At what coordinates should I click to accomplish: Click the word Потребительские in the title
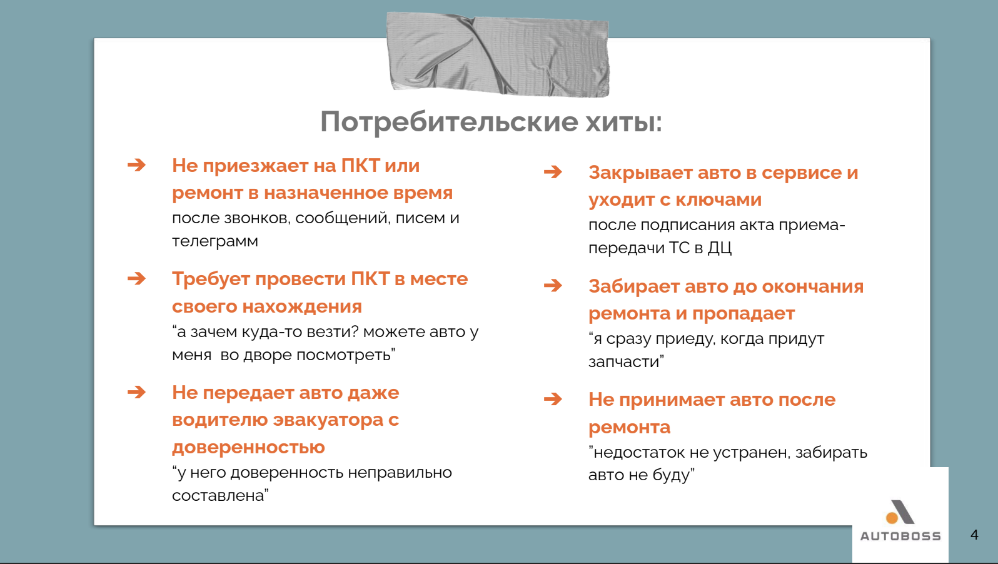point(449,122)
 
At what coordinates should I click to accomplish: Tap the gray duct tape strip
point(498,54)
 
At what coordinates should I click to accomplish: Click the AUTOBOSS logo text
point(900,536)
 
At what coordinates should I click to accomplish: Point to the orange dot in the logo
point(892,518)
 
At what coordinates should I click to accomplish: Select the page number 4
point(974,535)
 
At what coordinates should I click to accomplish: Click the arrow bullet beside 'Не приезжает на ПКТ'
point(136,165)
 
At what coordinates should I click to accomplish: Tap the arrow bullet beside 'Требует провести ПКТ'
point(136,278)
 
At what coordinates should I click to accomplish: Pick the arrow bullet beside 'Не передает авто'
point(136,392)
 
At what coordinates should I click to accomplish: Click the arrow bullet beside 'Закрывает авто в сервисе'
point(553,171)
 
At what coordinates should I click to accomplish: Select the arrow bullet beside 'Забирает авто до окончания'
point(553,285)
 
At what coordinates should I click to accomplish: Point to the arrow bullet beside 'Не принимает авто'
point(553,399)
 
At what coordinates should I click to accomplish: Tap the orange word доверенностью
point(249,447)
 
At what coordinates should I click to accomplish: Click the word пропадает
point(743,314)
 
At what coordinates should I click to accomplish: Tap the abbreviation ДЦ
point(720,248)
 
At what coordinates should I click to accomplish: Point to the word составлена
point(218,495)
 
